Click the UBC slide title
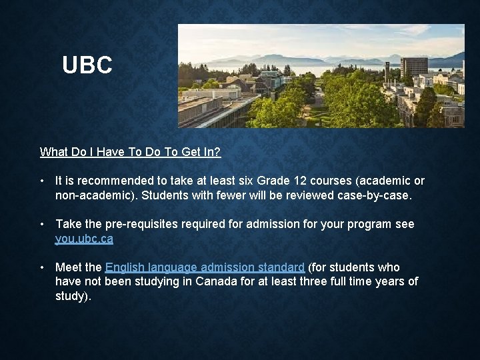tap(87, 65)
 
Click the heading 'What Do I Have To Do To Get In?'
tap(130, 152)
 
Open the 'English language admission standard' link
tap(205, 267)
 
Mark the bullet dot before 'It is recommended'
tap(42, 181)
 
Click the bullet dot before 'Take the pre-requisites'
tap(42, 225)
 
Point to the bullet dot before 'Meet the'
tap(42, 267)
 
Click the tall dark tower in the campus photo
tap(413, 69)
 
